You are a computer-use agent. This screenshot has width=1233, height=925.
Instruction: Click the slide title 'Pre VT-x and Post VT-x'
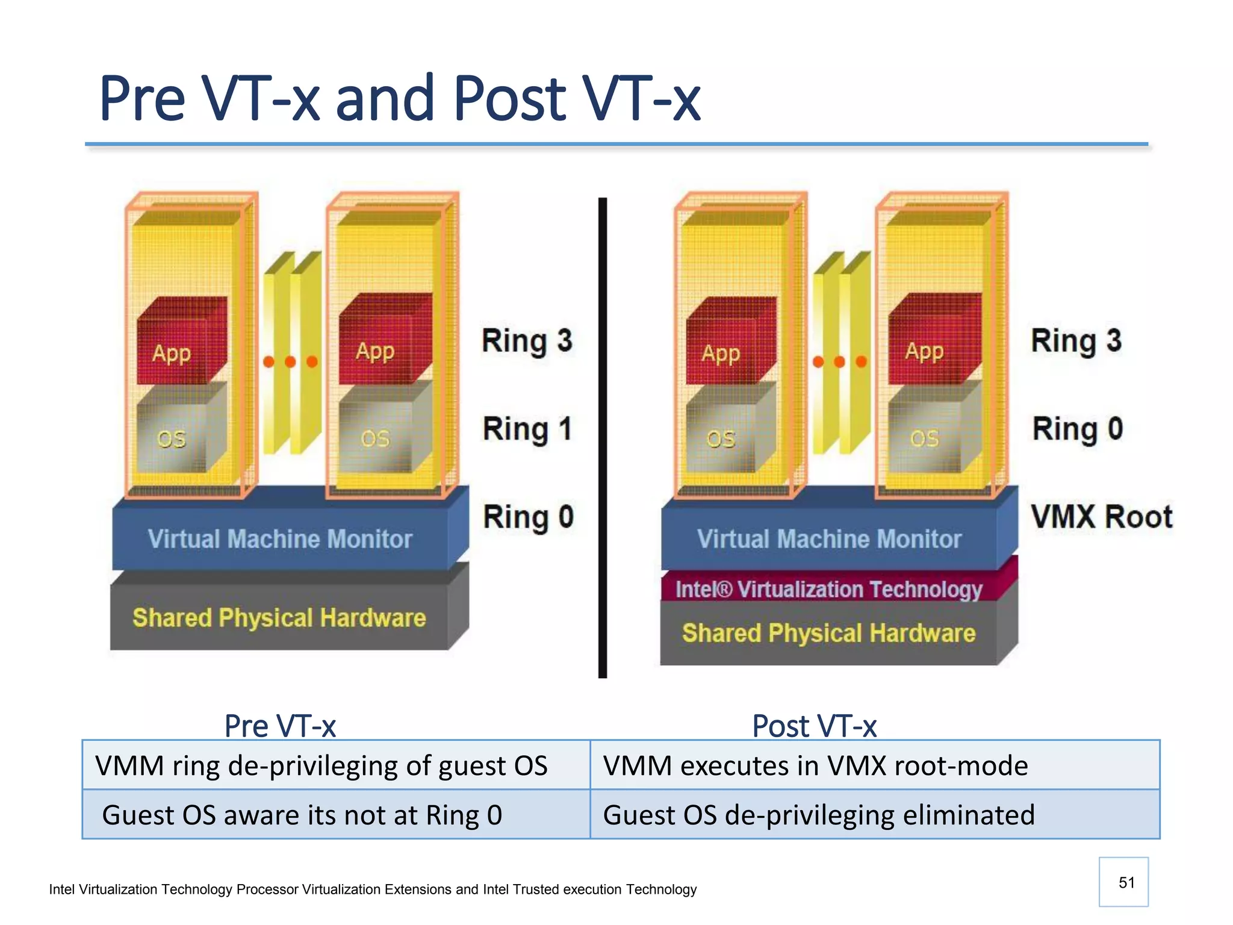(399, 98)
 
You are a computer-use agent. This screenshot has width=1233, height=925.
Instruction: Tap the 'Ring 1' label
(527, 429)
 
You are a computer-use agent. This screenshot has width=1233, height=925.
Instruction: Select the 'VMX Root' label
(1101, 517)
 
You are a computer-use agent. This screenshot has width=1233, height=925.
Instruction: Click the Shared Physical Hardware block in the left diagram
(279, 618)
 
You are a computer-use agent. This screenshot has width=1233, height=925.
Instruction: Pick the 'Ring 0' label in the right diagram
(1077, 429)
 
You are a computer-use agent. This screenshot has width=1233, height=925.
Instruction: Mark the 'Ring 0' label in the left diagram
(528, 517)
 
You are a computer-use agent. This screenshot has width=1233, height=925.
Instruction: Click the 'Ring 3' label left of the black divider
(527, 341)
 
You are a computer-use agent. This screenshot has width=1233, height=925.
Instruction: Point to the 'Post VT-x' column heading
(814, 726)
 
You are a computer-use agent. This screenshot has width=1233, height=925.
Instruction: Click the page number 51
(1126, 882)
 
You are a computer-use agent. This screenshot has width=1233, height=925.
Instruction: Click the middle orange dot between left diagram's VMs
(290, 362)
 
